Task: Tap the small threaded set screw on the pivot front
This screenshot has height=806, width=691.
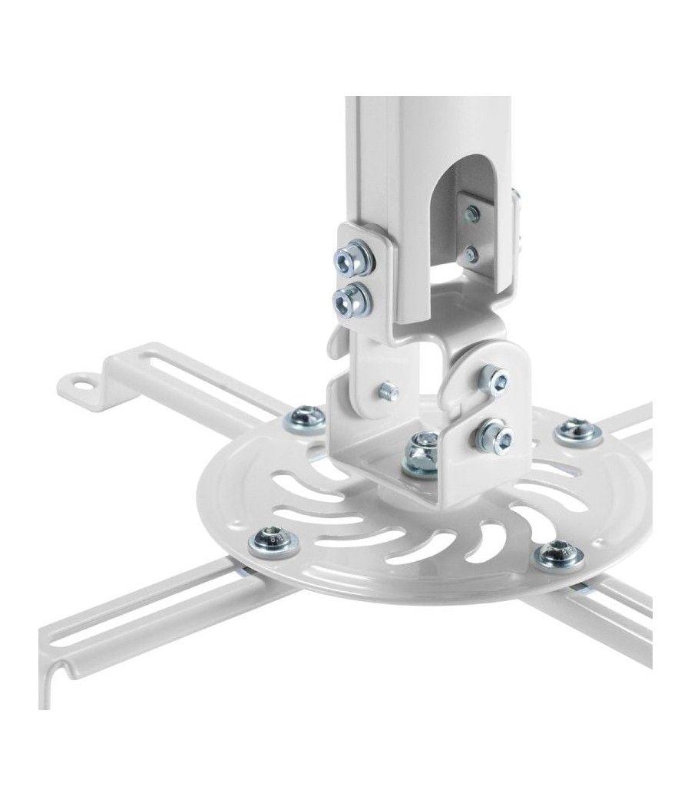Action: point(388,391)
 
